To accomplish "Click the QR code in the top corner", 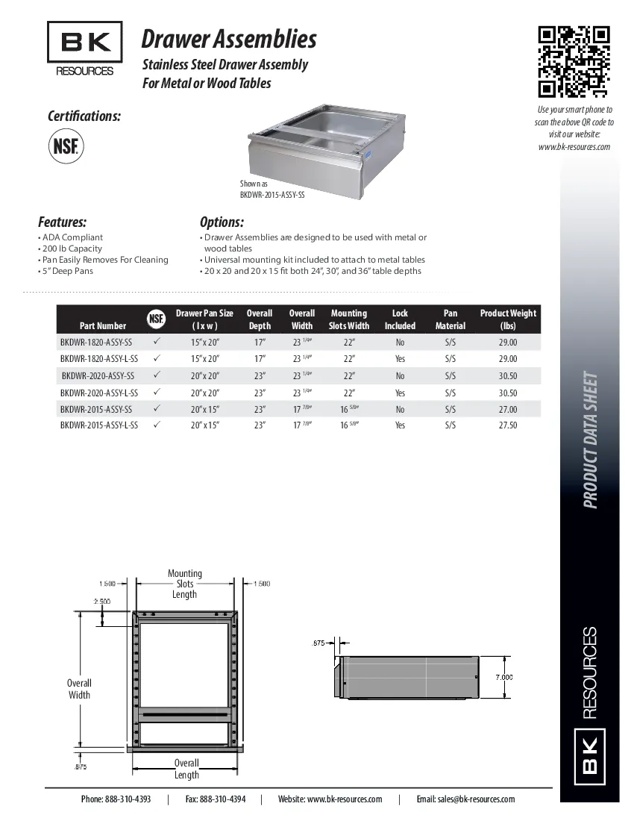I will pos(574,62).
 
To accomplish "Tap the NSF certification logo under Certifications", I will pos(66,146).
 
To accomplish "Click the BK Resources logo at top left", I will pos(84,49).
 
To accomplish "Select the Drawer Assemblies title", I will pos(229,39).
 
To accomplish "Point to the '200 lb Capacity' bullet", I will pos(72,249).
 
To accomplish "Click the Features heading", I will pos(63,222).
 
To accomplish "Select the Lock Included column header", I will pos(400,319).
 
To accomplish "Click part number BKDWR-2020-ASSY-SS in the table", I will pos(98,376).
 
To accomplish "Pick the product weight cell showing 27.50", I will pos(507,425).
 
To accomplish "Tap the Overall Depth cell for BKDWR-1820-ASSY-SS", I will pos(260,343).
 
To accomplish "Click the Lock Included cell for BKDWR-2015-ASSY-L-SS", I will pos(400,425).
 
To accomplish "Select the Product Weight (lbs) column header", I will pos(508,319).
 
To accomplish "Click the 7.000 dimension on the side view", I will pos(504,677).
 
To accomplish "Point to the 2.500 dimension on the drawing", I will pos(101,601).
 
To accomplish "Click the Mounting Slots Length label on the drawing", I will pos(184,584).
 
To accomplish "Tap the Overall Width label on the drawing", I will pos(79,689).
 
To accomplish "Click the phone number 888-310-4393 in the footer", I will pos(116,799).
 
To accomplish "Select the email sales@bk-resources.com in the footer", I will pos(465,799).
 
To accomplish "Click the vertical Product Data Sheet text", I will pos(590,440).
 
